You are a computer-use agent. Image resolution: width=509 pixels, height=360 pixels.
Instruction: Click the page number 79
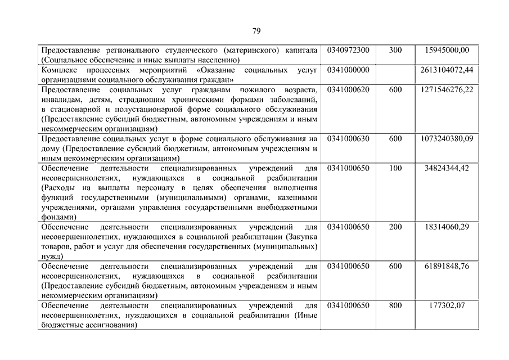pyautogui.click(x=256, y=30)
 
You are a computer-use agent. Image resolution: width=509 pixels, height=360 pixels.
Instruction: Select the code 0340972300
pyautogui.click(x=348, y=50)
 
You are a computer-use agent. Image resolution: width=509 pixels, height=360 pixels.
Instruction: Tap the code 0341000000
pyautogui.click(x=348, y=70)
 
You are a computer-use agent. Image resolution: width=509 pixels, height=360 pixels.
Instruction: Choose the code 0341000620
pyautogui.click(x=348, y=89)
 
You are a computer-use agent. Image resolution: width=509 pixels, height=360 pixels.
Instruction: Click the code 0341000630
pyautogui.click(x=348, y=138)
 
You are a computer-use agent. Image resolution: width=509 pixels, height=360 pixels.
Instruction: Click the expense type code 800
pyautogui.click(x=395, y=305)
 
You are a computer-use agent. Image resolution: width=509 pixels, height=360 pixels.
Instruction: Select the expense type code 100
pyautogui.click(x=395, y=168)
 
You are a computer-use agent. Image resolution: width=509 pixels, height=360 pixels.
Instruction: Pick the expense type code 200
pyautogui.click(x=395, y=227)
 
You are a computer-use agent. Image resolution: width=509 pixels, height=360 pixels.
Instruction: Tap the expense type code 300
pyautogui.click(x=395, y=50)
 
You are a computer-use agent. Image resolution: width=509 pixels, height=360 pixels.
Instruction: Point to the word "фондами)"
pyautogui.click(x=57, y=217)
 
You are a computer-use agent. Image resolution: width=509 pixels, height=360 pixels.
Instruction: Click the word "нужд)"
pyautogui.click(x=52, y=256)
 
